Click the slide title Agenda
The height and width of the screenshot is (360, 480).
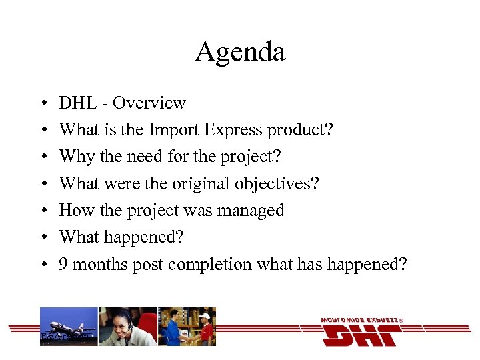pos(240,52)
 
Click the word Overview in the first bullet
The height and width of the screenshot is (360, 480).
pos(149,103)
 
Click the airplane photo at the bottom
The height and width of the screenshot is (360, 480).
pos(69,326)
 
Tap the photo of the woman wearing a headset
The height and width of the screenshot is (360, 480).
pos(127,326)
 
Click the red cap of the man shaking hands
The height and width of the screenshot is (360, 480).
pos(205,316)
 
